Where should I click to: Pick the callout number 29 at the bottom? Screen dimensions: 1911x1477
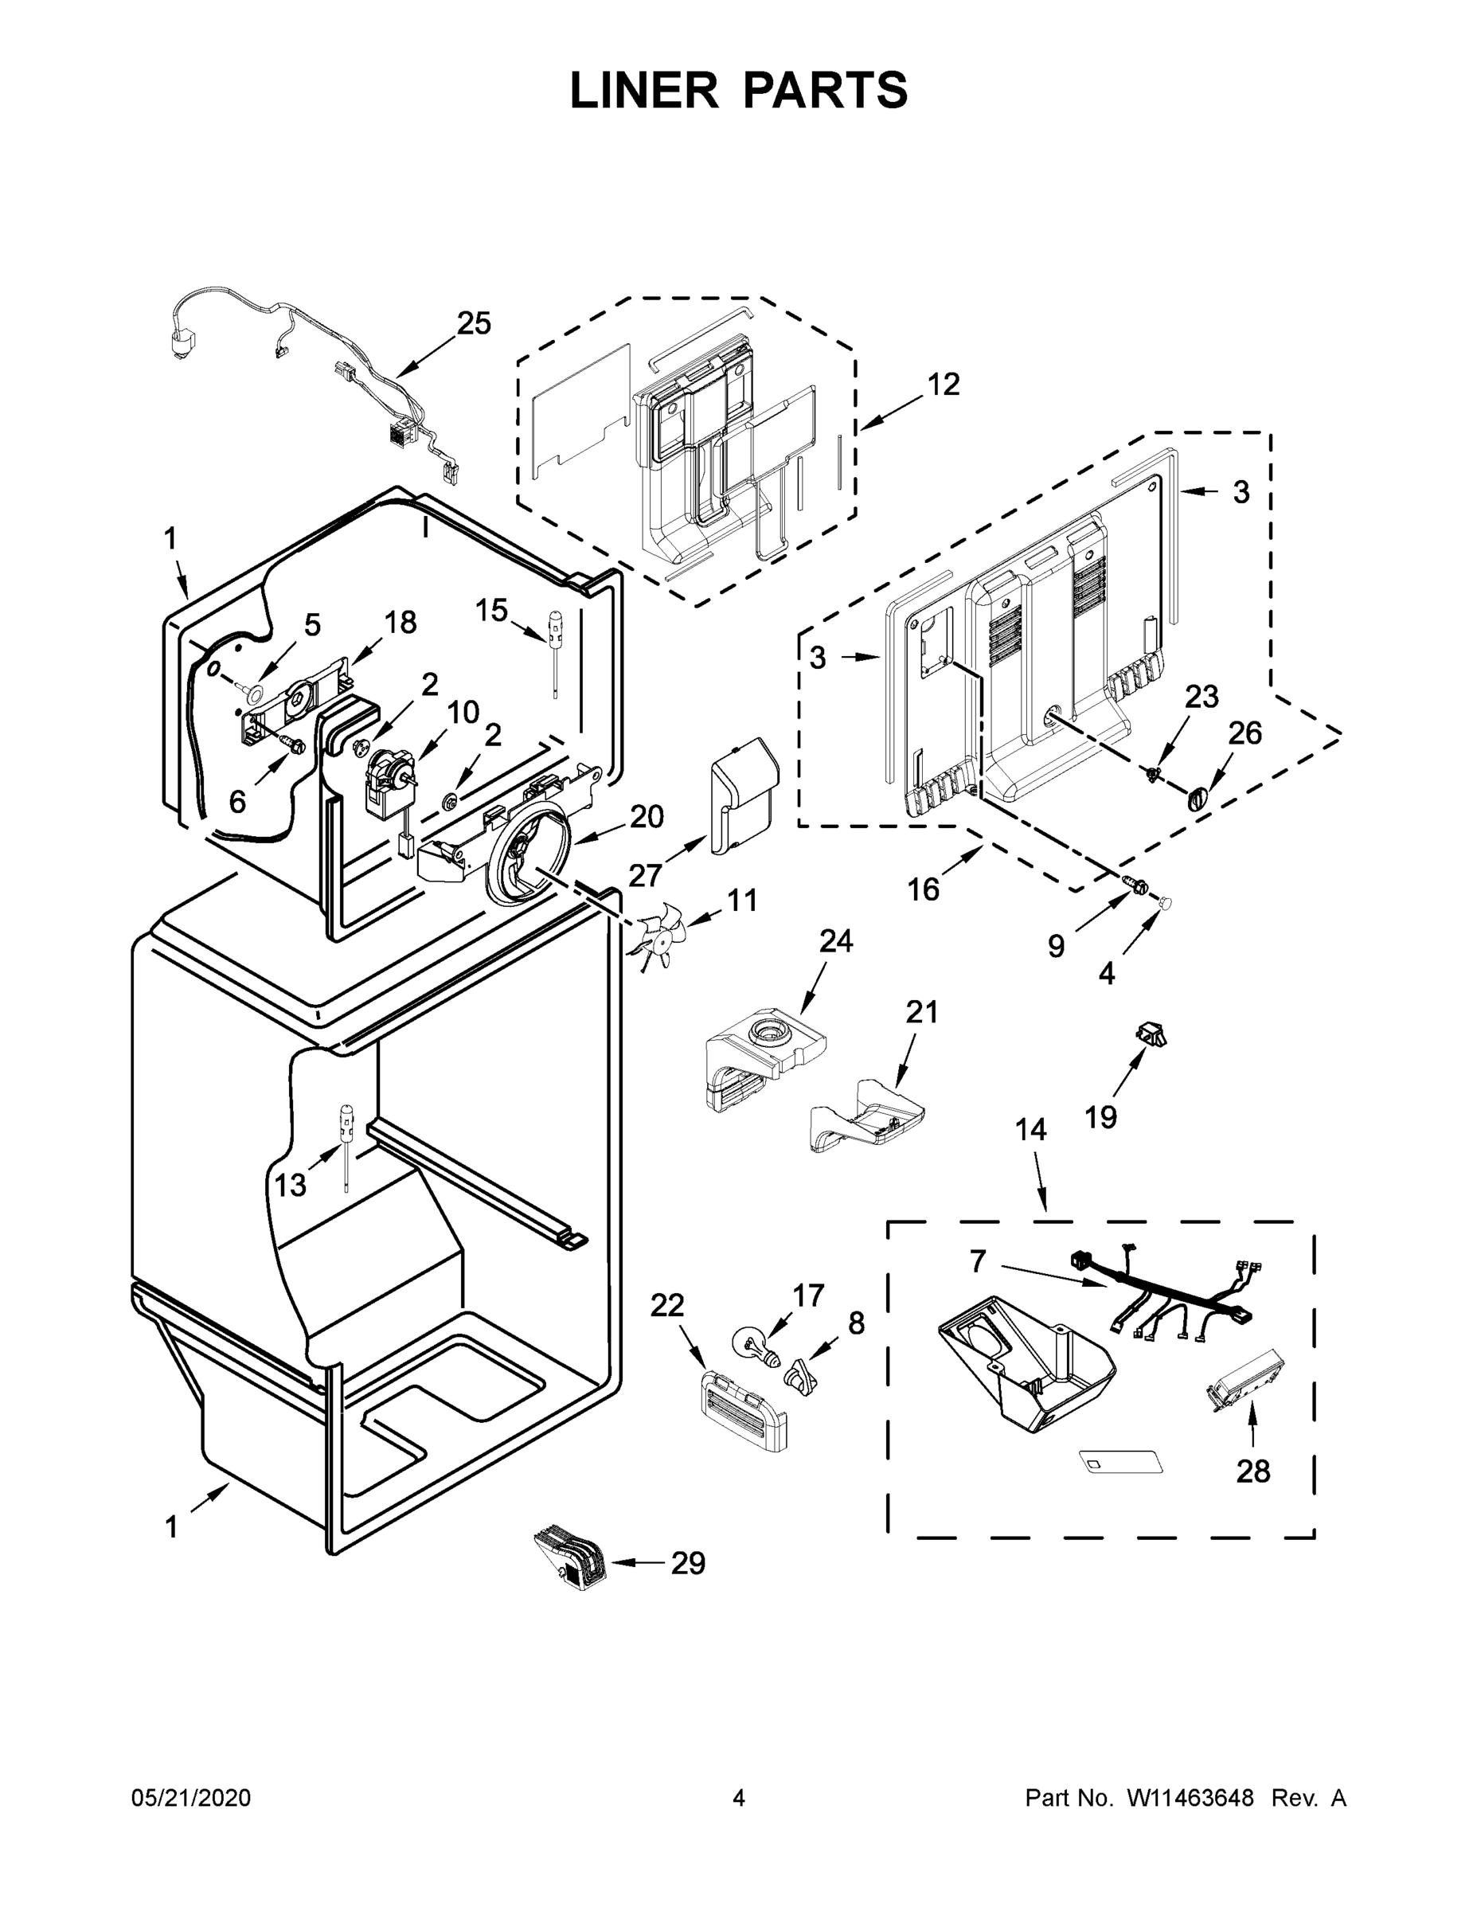tap(688, 1564)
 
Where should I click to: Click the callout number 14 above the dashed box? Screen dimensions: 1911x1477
tap(1031, 1130)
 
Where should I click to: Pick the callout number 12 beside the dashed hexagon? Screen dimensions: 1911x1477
tap(944, 384)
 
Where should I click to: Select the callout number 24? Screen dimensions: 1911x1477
tap(835, 940)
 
